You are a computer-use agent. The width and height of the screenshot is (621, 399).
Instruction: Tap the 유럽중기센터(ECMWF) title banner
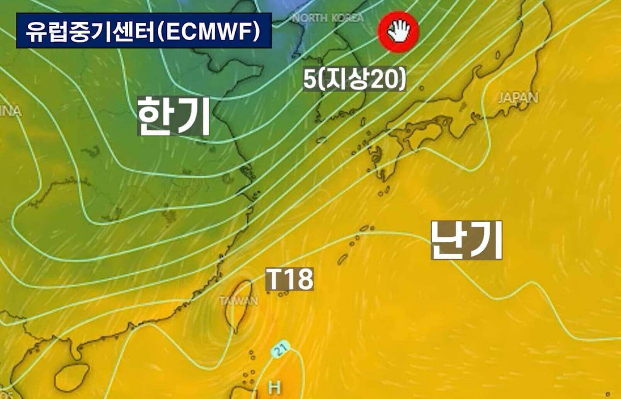[x=144, y=31]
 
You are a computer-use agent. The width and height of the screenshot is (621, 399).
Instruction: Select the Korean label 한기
[x=174, y=116]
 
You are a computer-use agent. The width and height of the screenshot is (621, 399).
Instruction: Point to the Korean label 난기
[x=466, y=240]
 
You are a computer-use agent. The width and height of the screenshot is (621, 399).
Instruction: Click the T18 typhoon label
[x=289, y=279]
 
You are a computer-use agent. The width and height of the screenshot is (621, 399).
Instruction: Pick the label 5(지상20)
[x=355, y=80]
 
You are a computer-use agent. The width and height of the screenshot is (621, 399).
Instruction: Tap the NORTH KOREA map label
[x=328, y=18]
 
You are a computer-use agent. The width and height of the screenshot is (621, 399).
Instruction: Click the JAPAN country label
[x=518, y=98]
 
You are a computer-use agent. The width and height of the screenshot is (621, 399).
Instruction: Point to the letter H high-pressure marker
[x=274, y=387]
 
